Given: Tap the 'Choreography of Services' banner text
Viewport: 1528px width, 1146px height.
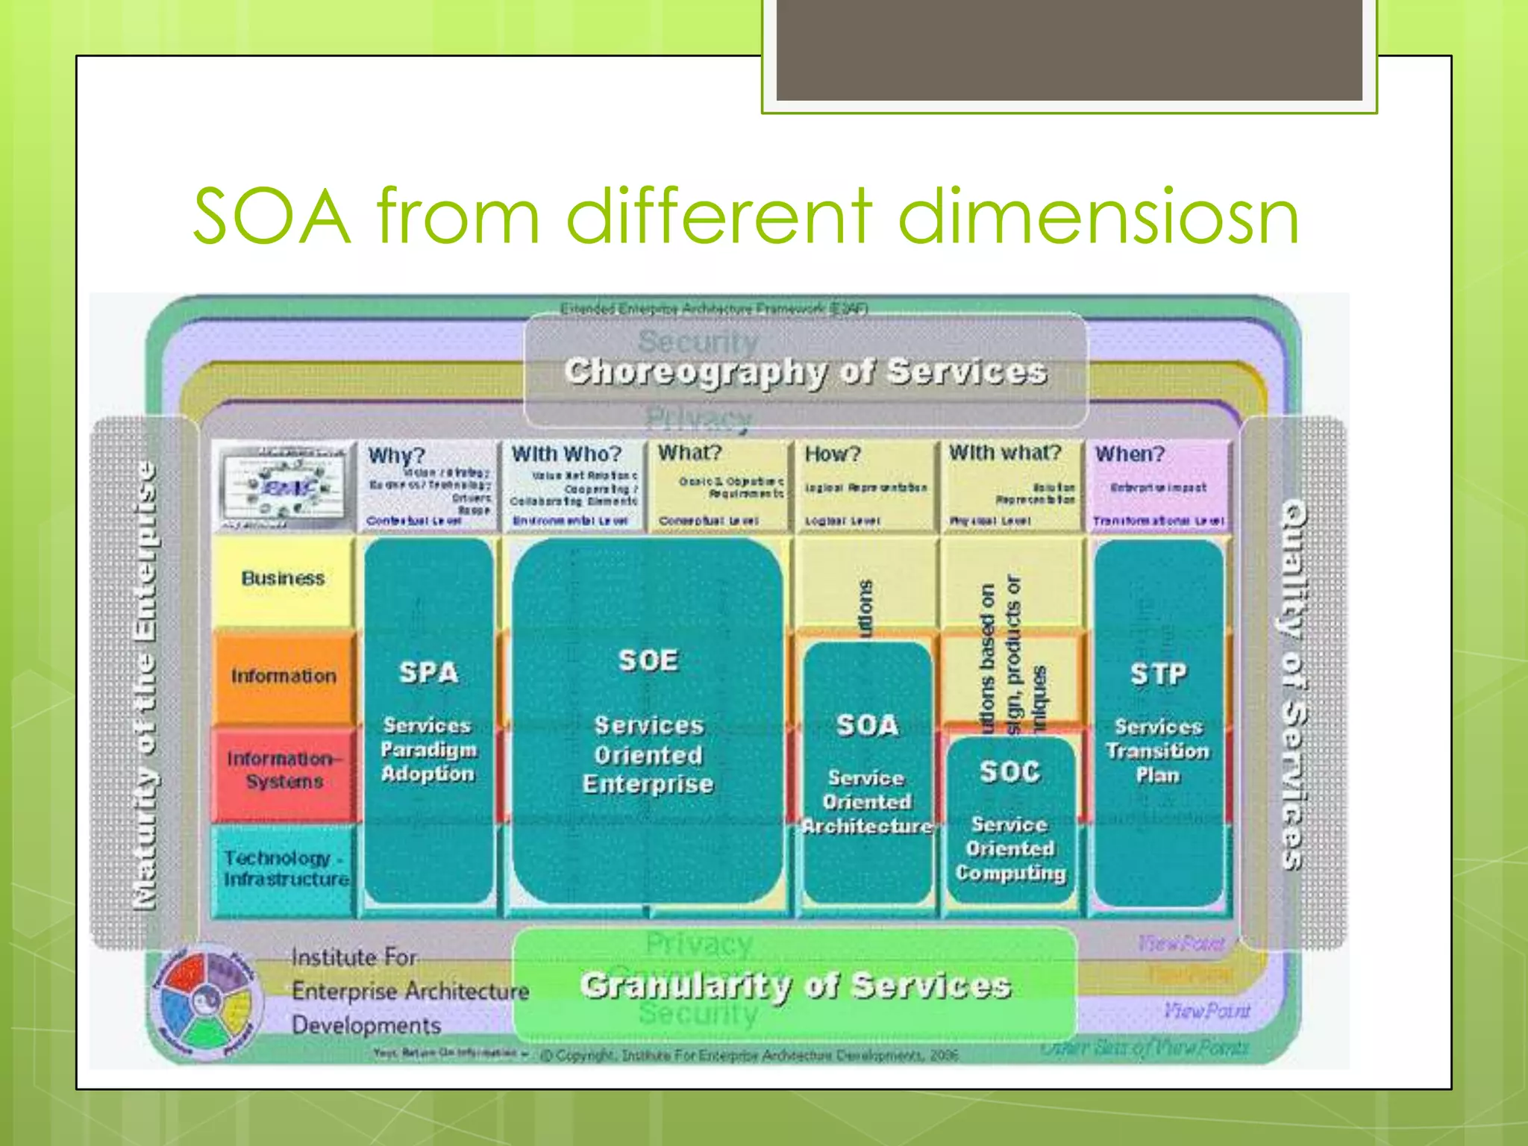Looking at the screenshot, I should coord(806,372).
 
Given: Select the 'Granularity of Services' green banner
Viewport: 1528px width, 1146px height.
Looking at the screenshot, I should coord(795,986).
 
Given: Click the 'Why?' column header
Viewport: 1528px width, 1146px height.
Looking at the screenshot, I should coord(396,455).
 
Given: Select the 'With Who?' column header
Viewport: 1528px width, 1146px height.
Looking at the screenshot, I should coord(566,454).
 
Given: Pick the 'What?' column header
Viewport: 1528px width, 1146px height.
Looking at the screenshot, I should coord(690,453).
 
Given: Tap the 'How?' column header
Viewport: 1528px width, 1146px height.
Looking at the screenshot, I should coord(833,454).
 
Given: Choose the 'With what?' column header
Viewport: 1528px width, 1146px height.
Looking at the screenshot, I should coord(1004,453).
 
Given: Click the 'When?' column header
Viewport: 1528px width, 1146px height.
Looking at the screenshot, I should coord(1130,454).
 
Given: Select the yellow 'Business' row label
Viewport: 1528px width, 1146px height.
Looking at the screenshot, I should coord(284,578).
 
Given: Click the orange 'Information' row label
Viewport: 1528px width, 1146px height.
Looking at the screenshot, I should coord(284,676).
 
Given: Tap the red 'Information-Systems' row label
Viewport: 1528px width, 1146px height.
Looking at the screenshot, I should coord(284,770).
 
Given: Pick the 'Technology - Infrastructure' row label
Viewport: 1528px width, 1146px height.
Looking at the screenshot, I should coord(286,868).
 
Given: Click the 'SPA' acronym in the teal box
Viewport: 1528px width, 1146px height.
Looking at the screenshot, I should coord(428,672).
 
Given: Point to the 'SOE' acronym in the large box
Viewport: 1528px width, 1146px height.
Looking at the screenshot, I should coord(648,660).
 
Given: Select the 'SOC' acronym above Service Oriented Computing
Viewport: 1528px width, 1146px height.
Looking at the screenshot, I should coord(1009,771).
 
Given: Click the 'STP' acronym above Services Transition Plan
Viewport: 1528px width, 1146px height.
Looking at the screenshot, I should coord(1157,674).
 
